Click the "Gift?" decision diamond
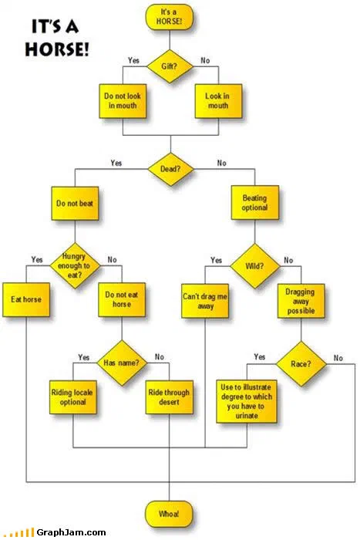[170, 66]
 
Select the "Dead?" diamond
[170, 169]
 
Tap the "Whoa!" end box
[169, 514]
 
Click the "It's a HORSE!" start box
[170, 17]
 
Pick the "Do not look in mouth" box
[123, 101]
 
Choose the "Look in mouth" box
[218, 101]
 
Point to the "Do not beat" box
[75, 203]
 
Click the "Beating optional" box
[254, 202]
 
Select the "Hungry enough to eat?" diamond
[75, 265]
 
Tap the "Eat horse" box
[26, 299]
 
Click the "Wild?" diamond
[255, 266]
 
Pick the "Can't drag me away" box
[205, 301]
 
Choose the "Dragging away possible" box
[301, 301]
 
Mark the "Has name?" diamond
[122, 363]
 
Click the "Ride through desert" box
[169, 397]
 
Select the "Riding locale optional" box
[73, 397]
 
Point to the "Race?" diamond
[301, 363]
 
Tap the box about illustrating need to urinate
[247, 401]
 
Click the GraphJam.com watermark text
[71, 532]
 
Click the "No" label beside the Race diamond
[338, 358]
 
